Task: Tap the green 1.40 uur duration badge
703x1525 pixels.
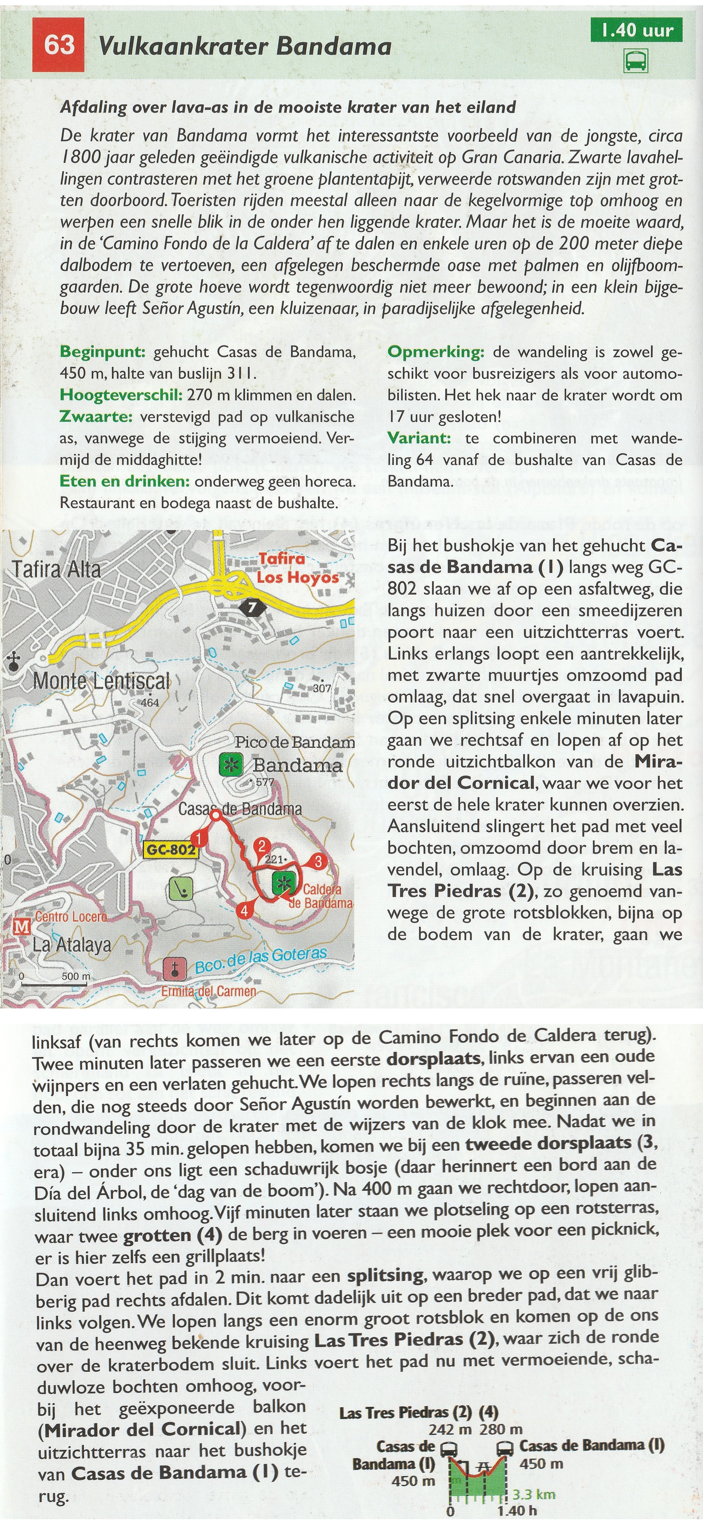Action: (637, 31)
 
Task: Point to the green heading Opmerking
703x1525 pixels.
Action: (436, 352)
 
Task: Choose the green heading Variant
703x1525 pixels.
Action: (419, 439)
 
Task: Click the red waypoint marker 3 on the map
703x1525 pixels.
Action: (318, 861)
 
